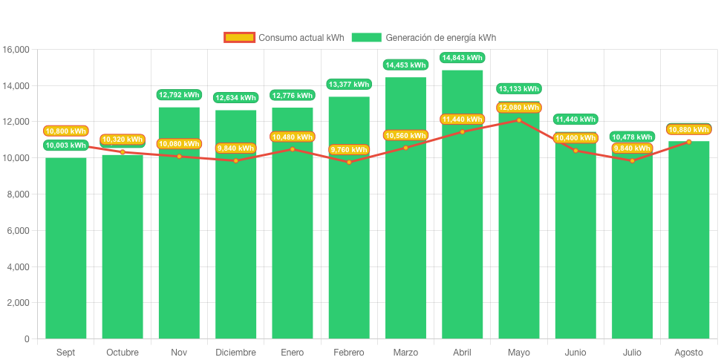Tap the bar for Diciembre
click(235, 238)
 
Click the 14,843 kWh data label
click(462, 58)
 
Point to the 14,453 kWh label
click(405, 65)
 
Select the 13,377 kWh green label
click(349, 85)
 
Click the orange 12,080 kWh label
click(518, 108)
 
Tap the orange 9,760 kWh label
click(349, 150)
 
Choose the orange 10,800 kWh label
click(65, 131)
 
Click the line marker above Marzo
click(405, 148)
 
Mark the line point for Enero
click(292, 149)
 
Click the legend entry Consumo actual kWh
click(284, 37)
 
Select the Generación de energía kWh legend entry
click(424, 37)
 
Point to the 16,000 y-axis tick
click(16, 50)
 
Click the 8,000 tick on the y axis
click(16, 194)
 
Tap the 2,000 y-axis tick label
click(16, 303)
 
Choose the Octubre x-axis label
click(122, 353)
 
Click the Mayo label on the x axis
click(518, 353)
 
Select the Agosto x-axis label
click(688, 353)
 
